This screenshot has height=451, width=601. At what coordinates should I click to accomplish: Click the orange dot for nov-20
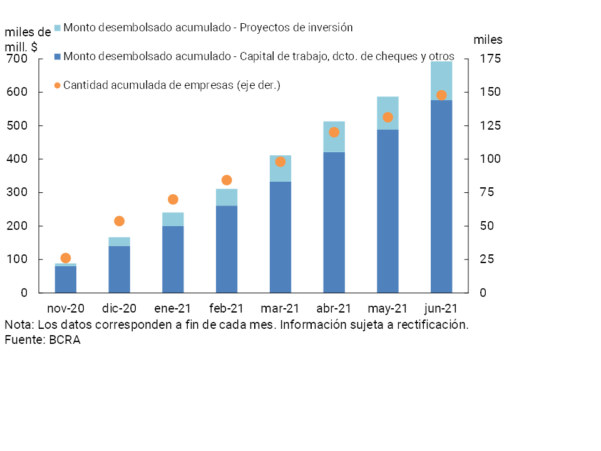pyautogui.click(x=66, y=258)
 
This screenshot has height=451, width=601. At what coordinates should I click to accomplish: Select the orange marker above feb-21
pyautogui.click(x=227, y=180)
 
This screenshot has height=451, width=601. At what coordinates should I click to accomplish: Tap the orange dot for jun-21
pyautogui.click(x=441, y=95)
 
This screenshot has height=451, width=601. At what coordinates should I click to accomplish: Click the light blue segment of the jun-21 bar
pyautogui.click(x=441, y=80)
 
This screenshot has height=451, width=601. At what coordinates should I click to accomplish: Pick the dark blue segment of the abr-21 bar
pyautogui.click(x=334, y=222)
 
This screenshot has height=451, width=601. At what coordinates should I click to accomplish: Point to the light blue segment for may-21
pyautogui.click(x=388, y=113)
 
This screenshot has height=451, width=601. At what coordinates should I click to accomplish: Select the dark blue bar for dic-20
pyautogui.click(x=119, y=269)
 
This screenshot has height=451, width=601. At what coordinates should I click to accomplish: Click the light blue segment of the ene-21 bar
pyautogui.click(x=173, y=219)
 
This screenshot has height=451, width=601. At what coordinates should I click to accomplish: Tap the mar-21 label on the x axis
pyautogui.click(x=280, y=308)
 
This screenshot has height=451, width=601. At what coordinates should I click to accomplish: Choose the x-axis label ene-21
pyautogui.click(x=173, y=308)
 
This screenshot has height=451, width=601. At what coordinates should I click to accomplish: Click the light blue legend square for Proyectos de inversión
pyautogui.click(x=58, y=28)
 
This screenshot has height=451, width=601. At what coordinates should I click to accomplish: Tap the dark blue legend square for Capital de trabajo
pyautogui.click(x=58, y=57)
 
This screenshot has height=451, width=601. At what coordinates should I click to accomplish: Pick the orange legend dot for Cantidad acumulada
pyautogui.click(x=58, y=85)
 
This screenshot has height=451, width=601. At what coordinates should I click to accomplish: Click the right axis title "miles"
pyautogui.click(x=488, y=40)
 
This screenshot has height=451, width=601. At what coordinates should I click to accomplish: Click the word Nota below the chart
pyautogui.click(x=19, y=325)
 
